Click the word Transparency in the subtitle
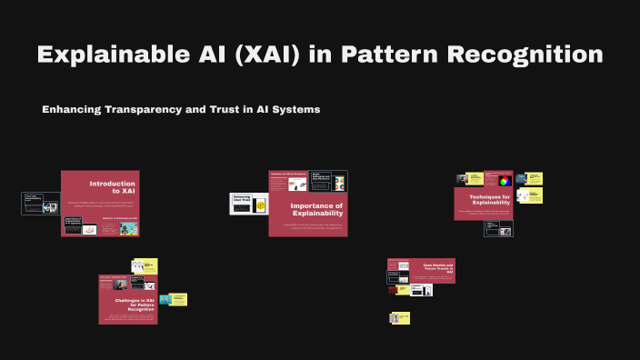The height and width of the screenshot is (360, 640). (155, 109)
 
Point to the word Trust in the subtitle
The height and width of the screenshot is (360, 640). (235, 109)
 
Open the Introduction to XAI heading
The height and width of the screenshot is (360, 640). (112, 187)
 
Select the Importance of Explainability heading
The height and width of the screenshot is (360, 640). (317, 210)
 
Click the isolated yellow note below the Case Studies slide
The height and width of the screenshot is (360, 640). (400, 318)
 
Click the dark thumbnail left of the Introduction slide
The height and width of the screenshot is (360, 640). (41, 203)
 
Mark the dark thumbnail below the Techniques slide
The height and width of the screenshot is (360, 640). (498, 228)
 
